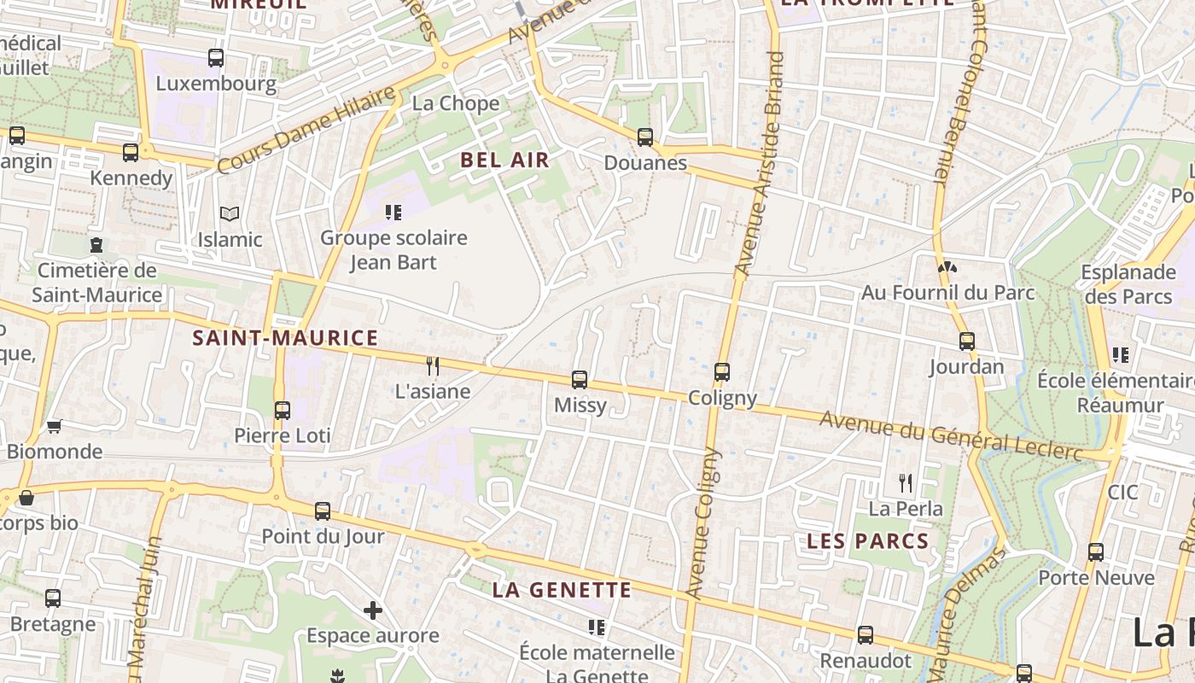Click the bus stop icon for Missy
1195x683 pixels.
[580, 380]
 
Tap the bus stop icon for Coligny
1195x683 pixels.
[722, 372]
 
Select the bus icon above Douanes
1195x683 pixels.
[645, 137]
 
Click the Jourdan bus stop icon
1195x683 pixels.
[966, 341]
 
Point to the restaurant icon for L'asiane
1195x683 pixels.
[433, 366]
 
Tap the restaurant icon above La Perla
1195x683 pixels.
[906, 483]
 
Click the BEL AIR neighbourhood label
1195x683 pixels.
[504, 160]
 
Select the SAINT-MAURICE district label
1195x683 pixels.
[285, 338]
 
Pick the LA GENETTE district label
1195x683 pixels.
[563, 590]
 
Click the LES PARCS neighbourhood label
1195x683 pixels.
[867, 540]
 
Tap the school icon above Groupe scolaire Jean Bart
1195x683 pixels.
[393, 212]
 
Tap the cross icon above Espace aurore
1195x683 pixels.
[372, 610]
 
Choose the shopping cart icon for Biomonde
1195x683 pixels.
[55, 426]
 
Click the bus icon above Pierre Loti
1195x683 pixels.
[283, 410]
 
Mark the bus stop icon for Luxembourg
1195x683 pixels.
[216, 58]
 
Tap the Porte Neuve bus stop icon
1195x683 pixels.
[1096, 552]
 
